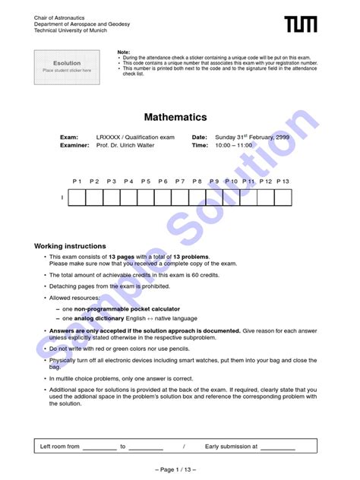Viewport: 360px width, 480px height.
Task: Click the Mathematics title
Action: (x=175, y=118)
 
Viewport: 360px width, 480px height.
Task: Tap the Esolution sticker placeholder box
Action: (x=67, y=66)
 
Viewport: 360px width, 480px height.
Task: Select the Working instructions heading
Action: (x=70, y=246)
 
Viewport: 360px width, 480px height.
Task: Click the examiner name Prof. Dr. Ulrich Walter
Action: (x=125, y=145)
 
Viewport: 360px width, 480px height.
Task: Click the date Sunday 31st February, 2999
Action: (x=251, y=137)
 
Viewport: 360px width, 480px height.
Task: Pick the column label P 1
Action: (x=77, y=182)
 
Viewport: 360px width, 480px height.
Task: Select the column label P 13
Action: (x=283, y=182)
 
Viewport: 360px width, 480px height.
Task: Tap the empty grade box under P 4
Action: (x=128, y=197)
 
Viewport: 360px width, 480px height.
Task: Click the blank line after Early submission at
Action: (x=277, y=447)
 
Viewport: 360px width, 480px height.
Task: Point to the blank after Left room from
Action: (x=99, y=447)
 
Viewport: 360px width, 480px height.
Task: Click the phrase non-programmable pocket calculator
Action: (x=127, y=309)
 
